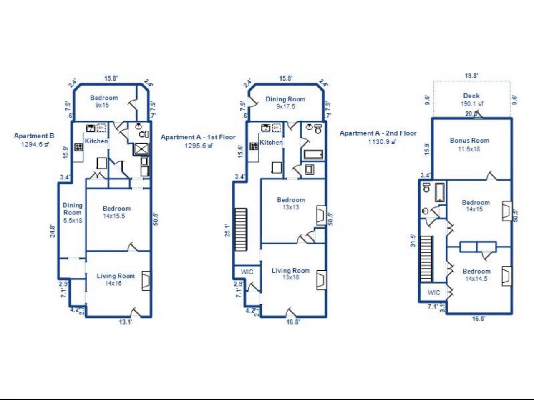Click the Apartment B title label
[x=34, y=136]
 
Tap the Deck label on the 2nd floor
[x=471, y=96]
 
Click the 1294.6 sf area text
[x=35, y=145]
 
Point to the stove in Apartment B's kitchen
[x=78, y=147]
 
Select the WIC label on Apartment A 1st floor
[x=247, y=272]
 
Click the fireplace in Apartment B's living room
[x=146, y=281]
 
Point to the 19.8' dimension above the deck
[x=471, y=75]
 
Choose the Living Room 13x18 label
[x=290, y=274]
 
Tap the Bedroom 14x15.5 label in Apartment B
[x=116, y=212]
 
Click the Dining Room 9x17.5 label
[x=285, y=103]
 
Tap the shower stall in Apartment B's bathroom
[x=141, y=148]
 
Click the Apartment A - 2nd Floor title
[x=378, y=133]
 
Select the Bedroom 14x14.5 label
[x=476, y=274]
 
